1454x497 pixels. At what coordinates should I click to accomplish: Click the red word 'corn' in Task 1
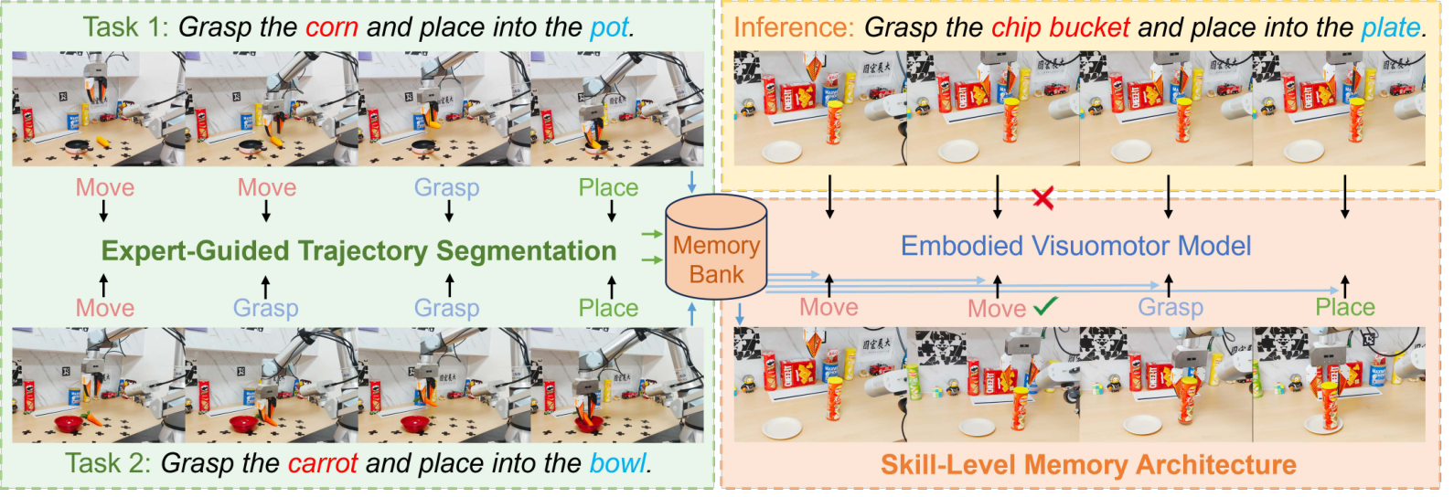pos(332,27)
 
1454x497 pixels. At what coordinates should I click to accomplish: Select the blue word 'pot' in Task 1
pos(610,28)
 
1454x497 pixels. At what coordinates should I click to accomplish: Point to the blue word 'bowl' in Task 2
pos(617,463)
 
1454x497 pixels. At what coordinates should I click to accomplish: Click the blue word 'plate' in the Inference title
pos(1391,28)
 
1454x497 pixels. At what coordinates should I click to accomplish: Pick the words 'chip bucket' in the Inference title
pos(1061,28)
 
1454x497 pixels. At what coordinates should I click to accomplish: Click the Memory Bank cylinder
pos(716,247)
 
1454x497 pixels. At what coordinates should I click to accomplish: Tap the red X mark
pos(1042,198)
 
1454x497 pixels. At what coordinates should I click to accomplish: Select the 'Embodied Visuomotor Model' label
pos(1075,246)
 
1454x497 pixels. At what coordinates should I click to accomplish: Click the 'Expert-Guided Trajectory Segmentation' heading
pos(359,251)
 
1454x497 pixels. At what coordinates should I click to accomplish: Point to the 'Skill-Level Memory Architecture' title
pos(1088,465)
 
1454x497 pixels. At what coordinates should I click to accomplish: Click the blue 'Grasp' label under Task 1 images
pos(446,187)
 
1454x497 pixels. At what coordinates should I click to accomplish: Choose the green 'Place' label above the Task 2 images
pos(608,308)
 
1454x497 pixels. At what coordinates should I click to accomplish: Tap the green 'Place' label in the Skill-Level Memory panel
pos(1345,307)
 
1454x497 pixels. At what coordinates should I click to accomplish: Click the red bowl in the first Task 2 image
pos(69,424)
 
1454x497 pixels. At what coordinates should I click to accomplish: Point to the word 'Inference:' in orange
pos(794,28)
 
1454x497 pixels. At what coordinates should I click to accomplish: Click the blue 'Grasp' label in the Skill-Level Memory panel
pos(1171,307)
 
